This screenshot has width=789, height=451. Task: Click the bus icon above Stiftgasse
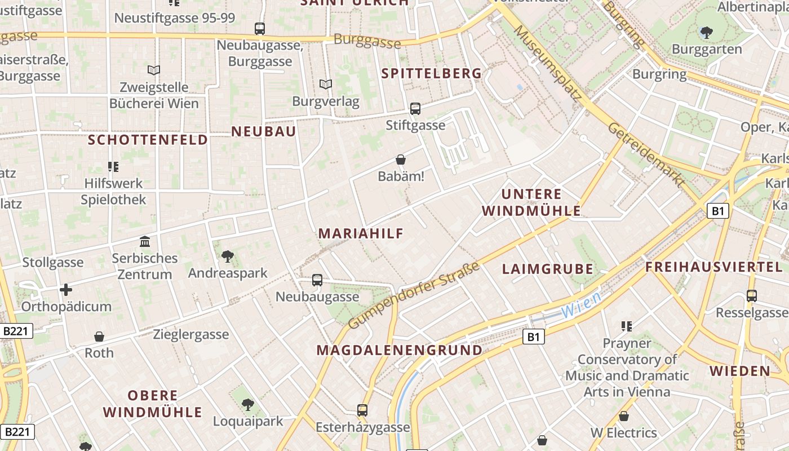tap(415, 109)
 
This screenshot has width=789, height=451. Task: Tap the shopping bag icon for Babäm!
tap(401, 160)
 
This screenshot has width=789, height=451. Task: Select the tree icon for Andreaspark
tap(227, 257)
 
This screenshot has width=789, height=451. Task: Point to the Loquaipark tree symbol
tap(247, 405)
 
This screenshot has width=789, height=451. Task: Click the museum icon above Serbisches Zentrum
tap(145, 242)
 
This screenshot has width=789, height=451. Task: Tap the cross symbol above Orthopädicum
tap(66, 290)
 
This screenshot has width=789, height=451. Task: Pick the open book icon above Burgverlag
tap(326, 85)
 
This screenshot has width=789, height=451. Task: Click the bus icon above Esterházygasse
tap(362, 410)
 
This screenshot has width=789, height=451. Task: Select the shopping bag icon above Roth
tap(99, 337)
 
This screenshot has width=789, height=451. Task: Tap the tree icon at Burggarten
tap(706, 33)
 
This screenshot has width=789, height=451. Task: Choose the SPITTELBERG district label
tap(432, 73)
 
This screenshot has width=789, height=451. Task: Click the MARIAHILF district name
tap(361, 233)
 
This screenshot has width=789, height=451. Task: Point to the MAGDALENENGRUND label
tap(400, 350)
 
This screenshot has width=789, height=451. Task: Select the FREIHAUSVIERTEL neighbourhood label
tap(715, 267)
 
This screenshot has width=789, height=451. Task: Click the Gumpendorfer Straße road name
tap(414, 295)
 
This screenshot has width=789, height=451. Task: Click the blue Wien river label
tap(581, 304)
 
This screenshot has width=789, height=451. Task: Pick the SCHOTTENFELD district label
tap(148, 140)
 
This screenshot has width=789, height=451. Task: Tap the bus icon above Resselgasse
tap(751, 296)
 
